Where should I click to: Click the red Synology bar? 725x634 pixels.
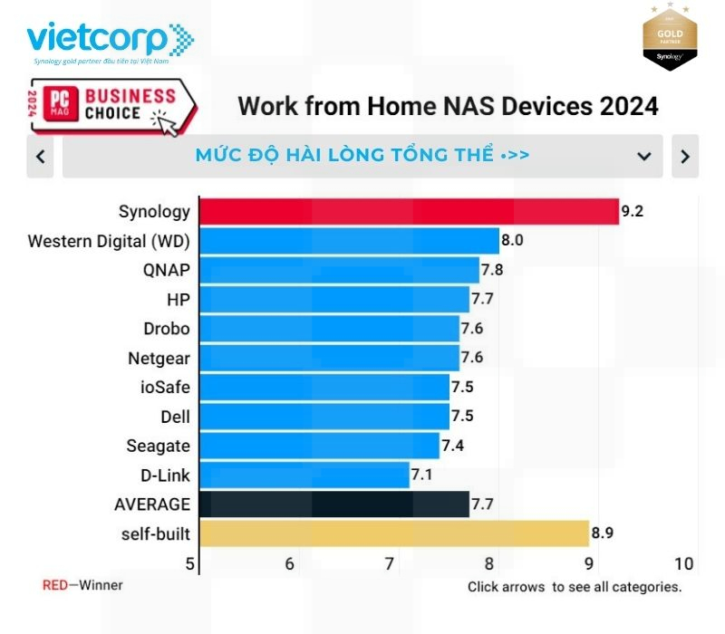[408, 212]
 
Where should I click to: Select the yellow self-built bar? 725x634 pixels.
[393, 533]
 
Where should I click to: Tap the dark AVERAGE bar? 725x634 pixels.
[333, 504]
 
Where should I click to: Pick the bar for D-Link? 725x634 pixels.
[304, 475]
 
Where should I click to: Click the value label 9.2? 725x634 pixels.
[633, 212]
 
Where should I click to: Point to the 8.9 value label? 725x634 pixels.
[603, 533]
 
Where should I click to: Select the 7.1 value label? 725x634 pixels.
[422, 475]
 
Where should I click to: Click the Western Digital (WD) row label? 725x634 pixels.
[110, 241]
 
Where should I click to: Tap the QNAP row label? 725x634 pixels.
[166, 270]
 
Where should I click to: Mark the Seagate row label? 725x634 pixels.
[159, 446]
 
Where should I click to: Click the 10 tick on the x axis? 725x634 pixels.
[684, 563]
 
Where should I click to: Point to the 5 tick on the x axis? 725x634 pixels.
[190, 563]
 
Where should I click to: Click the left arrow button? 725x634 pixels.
[41, 156]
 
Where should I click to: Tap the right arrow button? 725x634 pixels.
[685, 156]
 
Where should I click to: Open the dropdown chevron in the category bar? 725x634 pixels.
[644, 156]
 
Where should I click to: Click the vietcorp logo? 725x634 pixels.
[109, 41]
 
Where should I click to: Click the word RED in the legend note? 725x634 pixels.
[55, 585]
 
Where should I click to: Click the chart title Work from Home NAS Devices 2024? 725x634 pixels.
[448, 106]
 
